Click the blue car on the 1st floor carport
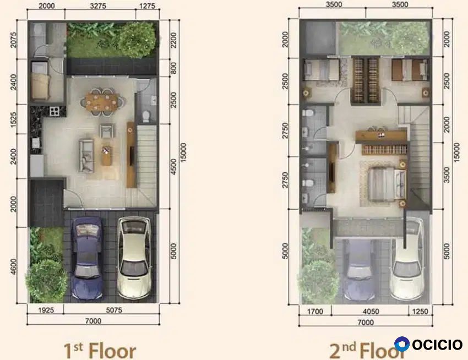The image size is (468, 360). (86, 258)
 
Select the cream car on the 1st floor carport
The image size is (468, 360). (134, 258)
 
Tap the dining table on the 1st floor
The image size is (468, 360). (102, 101)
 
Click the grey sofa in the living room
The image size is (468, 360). (86, 156)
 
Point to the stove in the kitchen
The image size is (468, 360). (55, 111)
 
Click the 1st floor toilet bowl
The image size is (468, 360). (146, 116)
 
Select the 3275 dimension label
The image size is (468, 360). (98, 6)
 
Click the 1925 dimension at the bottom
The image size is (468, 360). (46, 310)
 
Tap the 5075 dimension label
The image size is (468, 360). (114, 310)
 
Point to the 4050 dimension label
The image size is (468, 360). (371, 312)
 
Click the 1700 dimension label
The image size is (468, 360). (315, 312)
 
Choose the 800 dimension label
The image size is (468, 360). (173, 68)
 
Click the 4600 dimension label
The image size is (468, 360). (13, 267)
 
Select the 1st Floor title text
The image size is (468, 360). (100, 351)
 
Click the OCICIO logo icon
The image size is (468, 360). (402, 344)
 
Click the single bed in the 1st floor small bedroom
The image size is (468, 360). (40, 80)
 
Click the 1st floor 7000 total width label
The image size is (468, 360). (93, 321)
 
